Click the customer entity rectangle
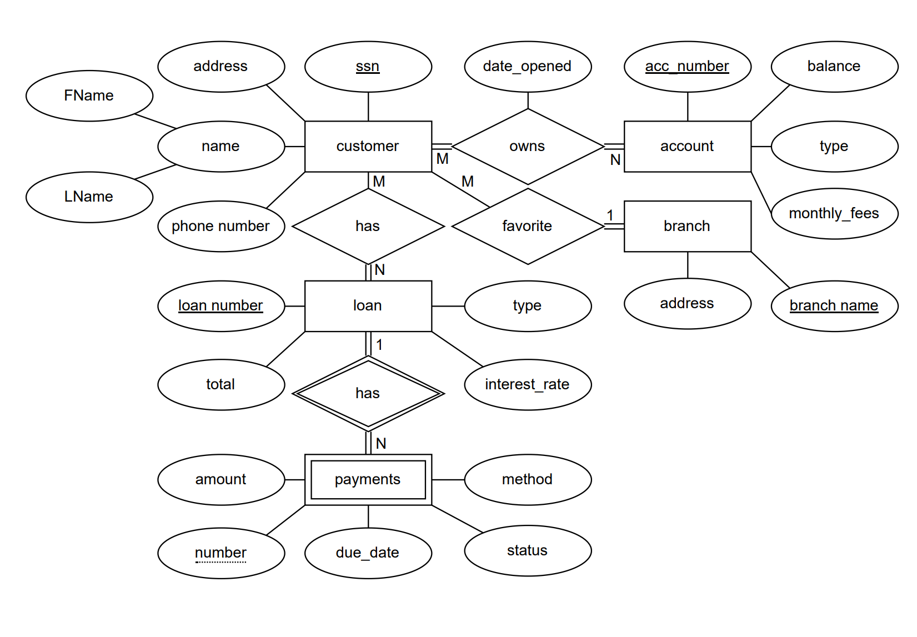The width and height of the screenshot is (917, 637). click(368, 146)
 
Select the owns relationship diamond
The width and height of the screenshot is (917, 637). click(527, 146)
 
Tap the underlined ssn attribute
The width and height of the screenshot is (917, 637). click(368, 67)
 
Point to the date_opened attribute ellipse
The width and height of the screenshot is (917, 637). click(527, 67)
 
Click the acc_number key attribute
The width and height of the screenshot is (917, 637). click(687, 67)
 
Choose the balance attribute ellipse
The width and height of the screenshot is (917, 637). click(834, 67)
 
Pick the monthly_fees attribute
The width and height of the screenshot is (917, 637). click(834, 213)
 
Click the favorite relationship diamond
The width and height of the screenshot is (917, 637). click(527, 226)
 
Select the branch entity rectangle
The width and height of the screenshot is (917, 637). click(687, 226)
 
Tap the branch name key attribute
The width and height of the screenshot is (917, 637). click(834, 305)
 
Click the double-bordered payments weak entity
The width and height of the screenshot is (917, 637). click(368, 479)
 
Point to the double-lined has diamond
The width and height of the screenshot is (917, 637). click(368, 393)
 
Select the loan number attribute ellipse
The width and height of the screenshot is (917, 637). click(221, 305)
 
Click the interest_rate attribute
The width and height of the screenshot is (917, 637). click(527, 384)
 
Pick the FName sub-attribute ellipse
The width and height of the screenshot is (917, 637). click(89, 96)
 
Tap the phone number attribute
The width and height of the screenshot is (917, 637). click(221, 226)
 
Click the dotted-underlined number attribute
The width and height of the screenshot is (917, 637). click(221, 553)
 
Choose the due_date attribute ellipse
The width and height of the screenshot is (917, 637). click(368, 553)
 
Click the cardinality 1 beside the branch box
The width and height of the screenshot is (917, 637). click(610, 215)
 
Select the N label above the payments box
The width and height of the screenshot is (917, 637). click(380, 443)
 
